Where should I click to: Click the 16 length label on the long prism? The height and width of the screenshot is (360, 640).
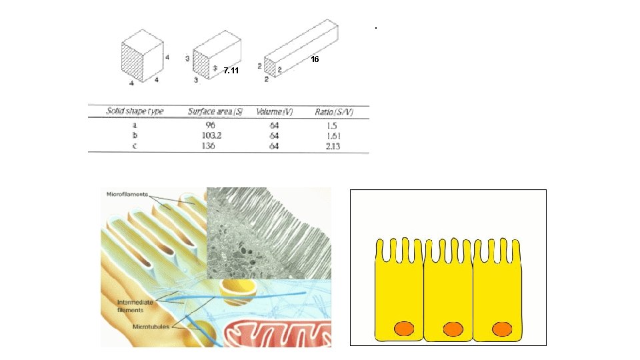click(315, 59)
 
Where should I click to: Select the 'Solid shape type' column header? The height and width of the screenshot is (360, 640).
click(135, 111)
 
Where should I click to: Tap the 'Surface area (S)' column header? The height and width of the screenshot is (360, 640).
click(215, 111)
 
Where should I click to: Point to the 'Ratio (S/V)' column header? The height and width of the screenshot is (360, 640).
click(337, 111)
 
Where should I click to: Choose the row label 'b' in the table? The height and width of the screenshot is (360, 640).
click(135, 135)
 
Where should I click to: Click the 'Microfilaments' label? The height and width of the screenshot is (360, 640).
click(127, 194)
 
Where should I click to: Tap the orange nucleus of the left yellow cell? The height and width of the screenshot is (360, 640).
click(404, 329)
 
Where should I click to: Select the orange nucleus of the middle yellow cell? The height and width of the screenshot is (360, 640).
click(453, 329)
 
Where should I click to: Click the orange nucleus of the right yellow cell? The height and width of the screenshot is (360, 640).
click(502, 329)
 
